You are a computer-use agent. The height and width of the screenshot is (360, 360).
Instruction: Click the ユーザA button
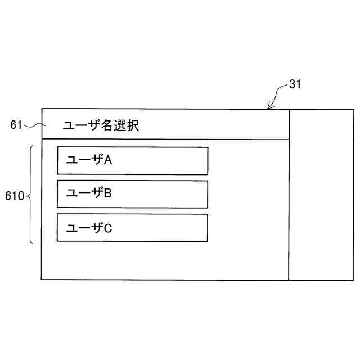coord(132,161)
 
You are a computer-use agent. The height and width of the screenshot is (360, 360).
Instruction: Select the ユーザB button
coord(132,194)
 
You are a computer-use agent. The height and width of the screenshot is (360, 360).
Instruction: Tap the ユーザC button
coord(132,228)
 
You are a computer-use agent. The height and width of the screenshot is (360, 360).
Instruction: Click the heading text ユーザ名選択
coord(101,126)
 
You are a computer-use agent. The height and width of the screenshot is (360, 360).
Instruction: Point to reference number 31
coord(295,84)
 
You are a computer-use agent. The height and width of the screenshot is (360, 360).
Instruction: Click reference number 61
coord(16,125)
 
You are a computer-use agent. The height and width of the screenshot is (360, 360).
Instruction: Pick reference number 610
coord(14,196)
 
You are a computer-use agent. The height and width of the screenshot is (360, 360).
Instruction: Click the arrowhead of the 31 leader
coord(269,107)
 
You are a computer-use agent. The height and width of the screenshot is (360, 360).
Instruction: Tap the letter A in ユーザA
coord(109,160)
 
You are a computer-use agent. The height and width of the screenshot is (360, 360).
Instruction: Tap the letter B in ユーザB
coord(109,193)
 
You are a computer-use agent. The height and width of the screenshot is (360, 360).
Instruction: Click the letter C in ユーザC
coord(109,228)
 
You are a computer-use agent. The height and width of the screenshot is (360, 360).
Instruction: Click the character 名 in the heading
coord(107,126)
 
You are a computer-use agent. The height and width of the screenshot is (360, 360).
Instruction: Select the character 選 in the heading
coord(120,126)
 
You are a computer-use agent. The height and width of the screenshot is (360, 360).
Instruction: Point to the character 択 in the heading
coord(132,126)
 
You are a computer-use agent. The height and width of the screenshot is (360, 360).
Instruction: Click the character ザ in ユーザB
coord(97,193)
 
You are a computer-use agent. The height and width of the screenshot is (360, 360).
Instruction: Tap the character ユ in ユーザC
coord(71,228)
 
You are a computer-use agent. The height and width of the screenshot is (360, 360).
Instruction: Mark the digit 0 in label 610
coord(21,196)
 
